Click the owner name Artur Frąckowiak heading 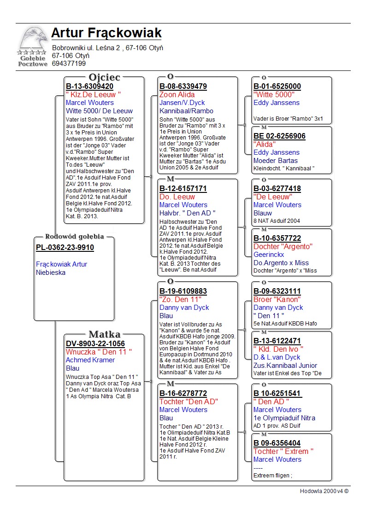tap(106, 33)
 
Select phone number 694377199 tap(69, 64)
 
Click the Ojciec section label tap(104, 77)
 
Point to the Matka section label tap(104, 334)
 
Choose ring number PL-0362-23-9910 tap(65, 248)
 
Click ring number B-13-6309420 tap(89, 86)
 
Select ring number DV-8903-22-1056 tap(95, 343)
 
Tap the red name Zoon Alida tap(177, 94)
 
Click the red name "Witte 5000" tap(274, 94)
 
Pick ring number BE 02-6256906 tap(279, 136)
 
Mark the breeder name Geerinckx tap(269, 255)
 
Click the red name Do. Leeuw tap(177, 197)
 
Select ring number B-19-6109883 tap(183, 291)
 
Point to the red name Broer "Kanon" tap(277, 299)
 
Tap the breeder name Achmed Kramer tap(90, 360)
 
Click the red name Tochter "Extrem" tap(283, 451)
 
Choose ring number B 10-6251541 tap(277, 394)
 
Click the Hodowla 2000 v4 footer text tap(324, 491)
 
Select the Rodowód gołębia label tap(74, 237)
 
